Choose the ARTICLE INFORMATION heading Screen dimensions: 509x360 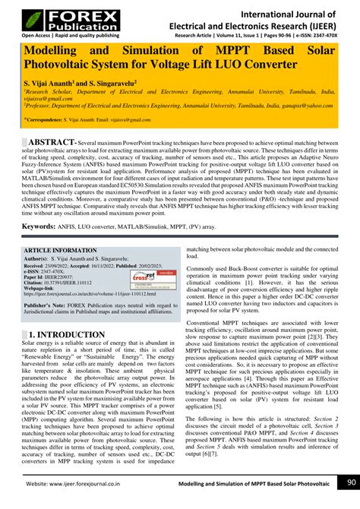click(x=61, y=250)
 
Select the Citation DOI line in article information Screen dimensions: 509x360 click(x=68, y=283)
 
